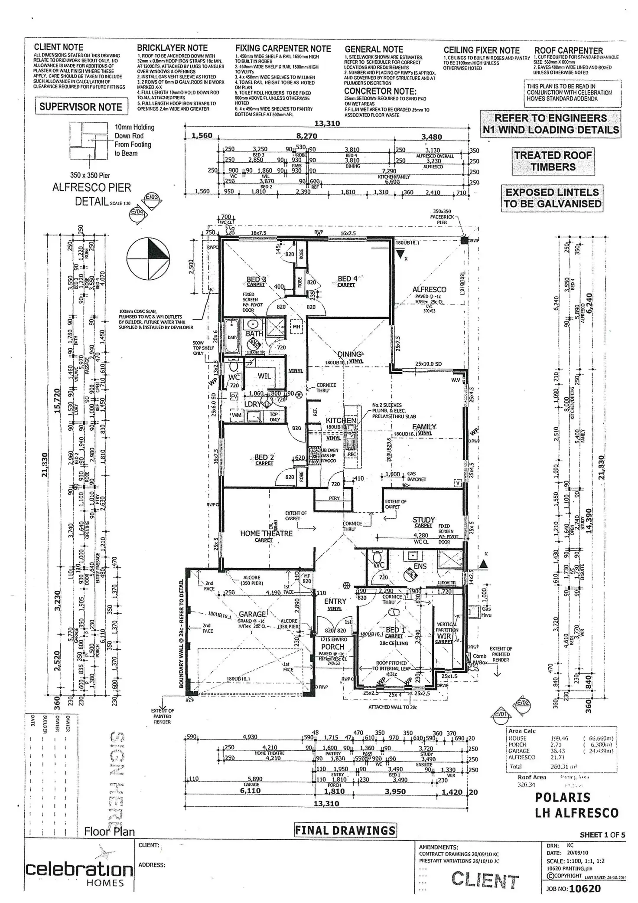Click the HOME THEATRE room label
pyautogui.click(x=266, y=533)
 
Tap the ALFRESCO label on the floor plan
pyautogui.click(x=429, y=290)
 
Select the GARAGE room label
pyautogui.click(x=252, y=614)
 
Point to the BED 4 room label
pyautogui.click(x=348, y=279)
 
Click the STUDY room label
pyautogui.click(x=423, y=520)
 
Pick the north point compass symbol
pyautogui.click(x=148, y=259)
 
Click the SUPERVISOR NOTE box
pyautogui.click(x=81, y=107)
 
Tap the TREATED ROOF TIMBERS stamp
pyautogui.click(x=553, y=161)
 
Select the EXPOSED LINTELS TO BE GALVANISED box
pyautogui.click(x=552, y=198)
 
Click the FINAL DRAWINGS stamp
pyautogui.click(x=345, y=830)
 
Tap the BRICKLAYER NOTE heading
pyautogui.click(x=172, y=48)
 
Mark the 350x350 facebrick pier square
pyautogui.click(x=464, y=240)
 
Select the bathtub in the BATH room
pyautogui.click(x=232, y=337)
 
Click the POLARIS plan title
pyautogui.click(x=562, y=797)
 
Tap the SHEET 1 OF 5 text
pyautogui.click(x=602, y=834)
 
